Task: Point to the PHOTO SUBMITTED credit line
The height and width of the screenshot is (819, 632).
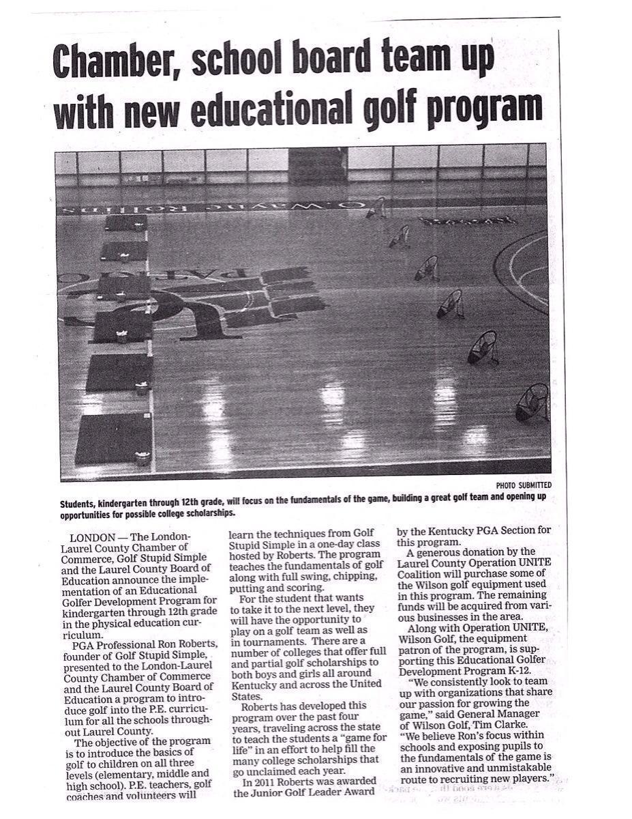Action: point(524,485)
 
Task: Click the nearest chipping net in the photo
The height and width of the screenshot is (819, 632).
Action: point(532,403)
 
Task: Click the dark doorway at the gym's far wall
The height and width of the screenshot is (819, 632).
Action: point(318,164)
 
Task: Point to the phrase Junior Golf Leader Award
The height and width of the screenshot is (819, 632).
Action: point(304,792)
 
